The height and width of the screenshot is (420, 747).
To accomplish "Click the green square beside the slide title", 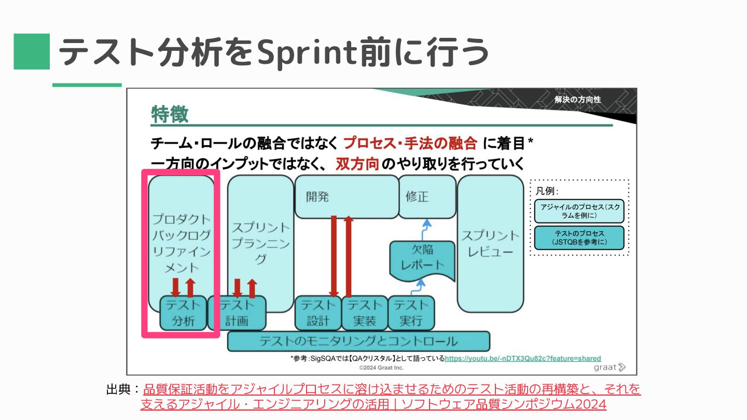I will [32, 51].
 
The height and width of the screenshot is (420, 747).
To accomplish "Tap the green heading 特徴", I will [169, 114].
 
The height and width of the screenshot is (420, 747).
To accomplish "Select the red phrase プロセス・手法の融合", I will [410, 143].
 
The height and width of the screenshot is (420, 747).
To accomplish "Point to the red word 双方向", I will [356, 164].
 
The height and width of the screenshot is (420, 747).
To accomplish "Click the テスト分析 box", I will [183, 313].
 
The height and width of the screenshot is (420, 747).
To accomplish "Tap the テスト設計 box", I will [318, 313].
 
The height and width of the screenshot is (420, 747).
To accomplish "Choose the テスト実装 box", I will [365, 313].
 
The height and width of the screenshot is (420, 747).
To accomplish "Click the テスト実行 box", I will [411, 313].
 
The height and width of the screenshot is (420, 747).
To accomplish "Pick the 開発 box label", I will [317, 197].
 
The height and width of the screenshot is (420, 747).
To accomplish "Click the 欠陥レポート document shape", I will [422, 258].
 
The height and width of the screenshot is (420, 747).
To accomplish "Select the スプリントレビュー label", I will [490, 244].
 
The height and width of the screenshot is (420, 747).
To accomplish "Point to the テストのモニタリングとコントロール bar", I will [358, 341].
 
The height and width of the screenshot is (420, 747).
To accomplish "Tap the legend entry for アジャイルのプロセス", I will [579, 211].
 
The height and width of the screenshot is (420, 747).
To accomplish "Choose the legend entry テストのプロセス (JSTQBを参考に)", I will [579, 237].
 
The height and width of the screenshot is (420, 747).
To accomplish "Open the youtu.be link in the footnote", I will [522, 358].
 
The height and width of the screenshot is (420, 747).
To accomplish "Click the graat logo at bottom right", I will [609, 367].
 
